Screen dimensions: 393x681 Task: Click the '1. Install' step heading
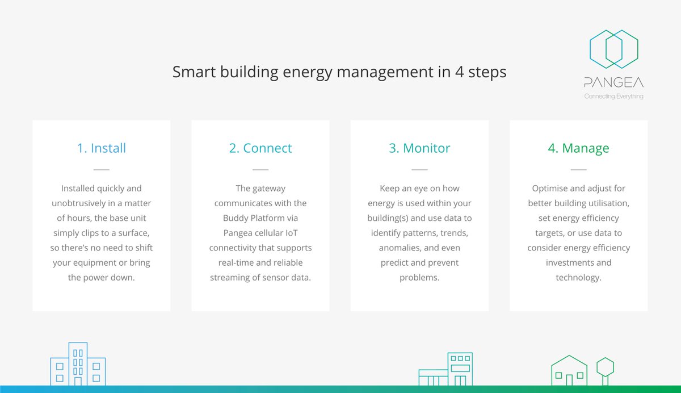pos(101,148)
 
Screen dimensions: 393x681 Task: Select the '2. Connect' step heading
pos(260,148)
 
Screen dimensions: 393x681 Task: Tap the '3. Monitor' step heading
pos(419,148)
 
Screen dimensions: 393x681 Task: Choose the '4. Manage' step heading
pos(578,148)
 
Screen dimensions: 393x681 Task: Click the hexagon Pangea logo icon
pos(613,50)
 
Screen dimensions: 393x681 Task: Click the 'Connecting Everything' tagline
pos(613,97)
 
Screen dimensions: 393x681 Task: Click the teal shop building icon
pos(445,369)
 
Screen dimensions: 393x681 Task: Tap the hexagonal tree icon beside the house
pos(605,369)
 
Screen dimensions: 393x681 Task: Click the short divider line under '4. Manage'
pos(578,169)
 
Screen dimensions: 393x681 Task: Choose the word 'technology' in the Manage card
pos(577,277)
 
